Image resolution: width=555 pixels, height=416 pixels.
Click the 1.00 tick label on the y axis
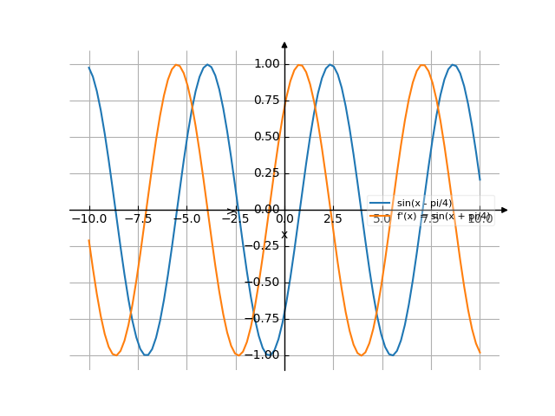tap(267, 64)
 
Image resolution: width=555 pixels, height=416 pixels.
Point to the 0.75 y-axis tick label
tap(267, 101)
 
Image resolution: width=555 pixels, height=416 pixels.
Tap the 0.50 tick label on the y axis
tap(267, 137)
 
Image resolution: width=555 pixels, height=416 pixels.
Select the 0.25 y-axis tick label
tap(267, 173)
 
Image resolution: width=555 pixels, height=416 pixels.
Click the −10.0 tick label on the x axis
tap(89, 219)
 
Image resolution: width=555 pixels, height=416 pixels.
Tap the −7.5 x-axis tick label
tap(138, 219)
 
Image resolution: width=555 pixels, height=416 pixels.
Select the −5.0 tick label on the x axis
tap(186, 219)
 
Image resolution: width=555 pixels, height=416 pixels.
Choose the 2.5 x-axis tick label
tap(333, 219)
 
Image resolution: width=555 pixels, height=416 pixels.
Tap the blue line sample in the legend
tap(380, 203)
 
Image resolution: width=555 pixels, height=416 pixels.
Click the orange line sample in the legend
tap(380, 216)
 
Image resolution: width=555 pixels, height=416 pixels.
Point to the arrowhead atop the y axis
tap(284, 44)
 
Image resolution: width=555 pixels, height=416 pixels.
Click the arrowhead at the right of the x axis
tap(505, 210)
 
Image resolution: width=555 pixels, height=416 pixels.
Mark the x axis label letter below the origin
tap(284, 234)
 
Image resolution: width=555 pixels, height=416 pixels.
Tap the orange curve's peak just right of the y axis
tap(300, 65)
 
